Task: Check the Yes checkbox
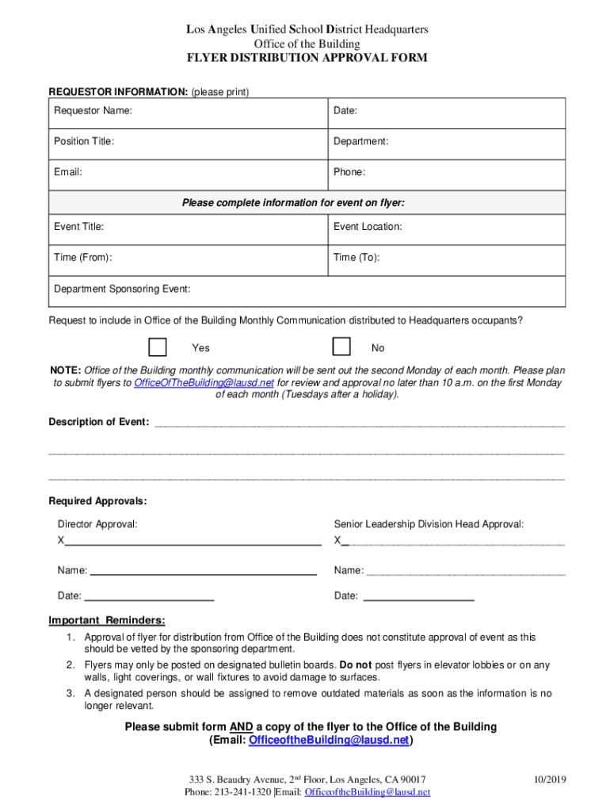coord(158,347)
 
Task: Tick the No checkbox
coord(341,347)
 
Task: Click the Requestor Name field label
coord(93,111)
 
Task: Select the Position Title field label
coord(84,141)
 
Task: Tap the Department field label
coord(360,141)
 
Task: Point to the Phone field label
coord(349,172)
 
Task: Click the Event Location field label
coord(368,227)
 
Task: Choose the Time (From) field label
coord(82,258)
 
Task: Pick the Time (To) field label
coord(356,258)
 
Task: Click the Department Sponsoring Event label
coord(122,289)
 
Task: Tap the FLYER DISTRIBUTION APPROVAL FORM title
coord(307,58)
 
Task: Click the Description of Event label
coord(99,422)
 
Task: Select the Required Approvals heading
coord(97,501)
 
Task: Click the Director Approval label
coord(97,524)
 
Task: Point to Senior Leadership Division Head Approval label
coord(429,524)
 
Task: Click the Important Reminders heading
coord(107,620)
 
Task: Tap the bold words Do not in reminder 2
coord(356,665)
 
